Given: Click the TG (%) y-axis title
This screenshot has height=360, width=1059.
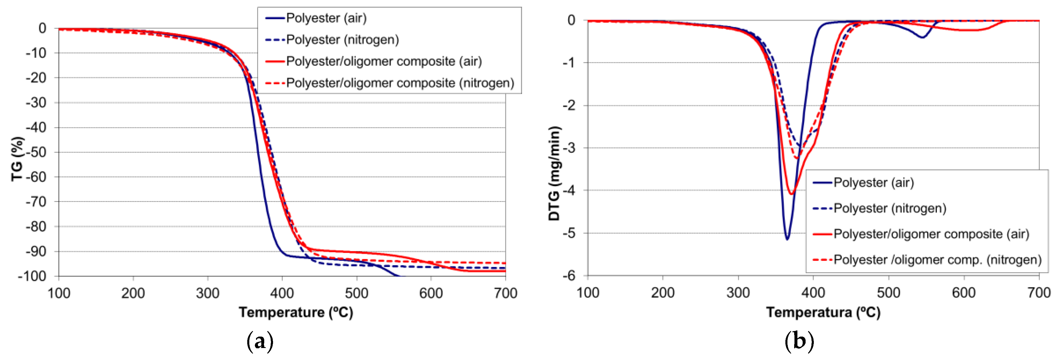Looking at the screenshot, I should pos(17,159).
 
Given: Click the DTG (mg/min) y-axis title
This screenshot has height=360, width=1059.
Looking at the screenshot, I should pos(555,174).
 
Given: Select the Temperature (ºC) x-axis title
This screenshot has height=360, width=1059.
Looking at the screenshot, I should pos(296,312).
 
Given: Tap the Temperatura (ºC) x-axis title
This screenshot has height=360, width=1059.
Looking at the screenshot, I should pos(823,312).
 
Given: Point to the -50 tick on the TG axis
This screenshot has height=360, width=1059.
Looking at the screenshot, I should pos(36,152).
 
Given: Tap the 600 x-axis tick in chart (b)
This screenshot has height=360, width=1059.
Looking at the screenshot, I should pos(963,293).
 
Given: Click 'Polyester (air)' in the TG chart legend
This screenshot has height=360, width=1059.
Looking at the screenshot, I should pos(326,18).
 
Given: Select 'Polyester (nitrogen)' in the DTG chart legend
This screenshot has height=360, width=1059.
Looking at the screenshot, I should pos(890,208).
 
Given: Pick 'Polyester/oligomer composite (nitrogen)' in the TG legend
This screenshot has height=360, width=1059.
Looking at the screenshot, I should pos(400,83).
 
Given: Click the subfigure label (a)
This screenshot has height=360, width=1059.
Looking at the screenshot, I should pos(260,341).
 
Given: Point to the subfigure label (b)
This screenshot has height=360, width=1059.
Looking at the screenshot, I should pos(799,341).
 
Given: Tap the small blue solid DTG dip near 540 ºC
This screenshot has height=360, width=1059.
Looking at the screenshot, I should pos(922,38).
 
